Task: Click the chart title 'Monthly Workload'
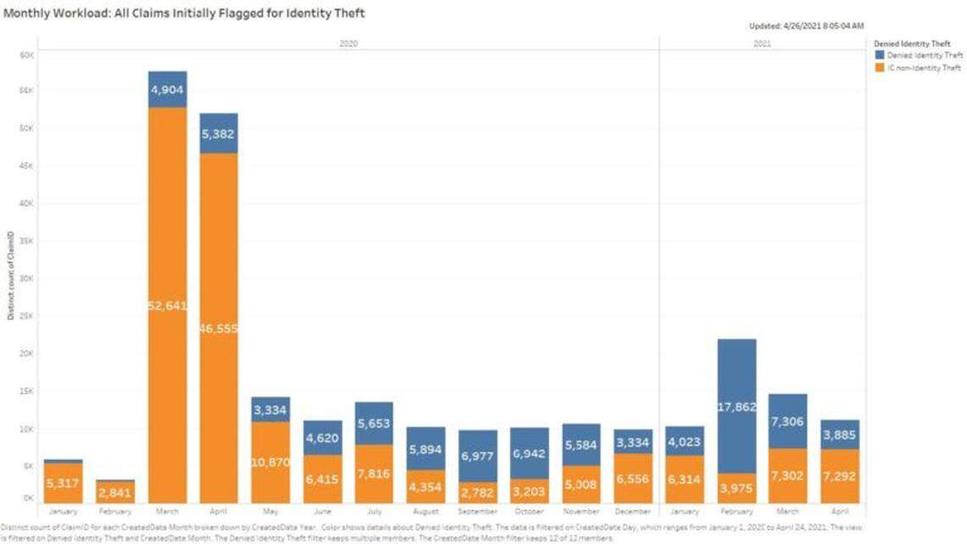pyautogui.click(x=185, y=14)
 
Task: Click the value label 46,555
pyautogui.click(x=218, y=328)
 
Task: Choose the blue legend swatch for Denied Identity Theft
pyautogui.click(x=879, y=55)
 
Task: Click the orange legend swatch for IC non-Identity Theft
pyautogui.click(x=879, y=68)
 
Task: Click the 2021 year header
pyautogui.click(x=762, y=42)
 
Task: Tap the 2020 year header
pyautogui.click(x=348, y=42)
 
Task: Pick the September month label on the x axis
pyautogui.click(x=478, y=512)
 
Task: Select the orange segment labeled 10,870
pyautogui.click(x=271, y=463)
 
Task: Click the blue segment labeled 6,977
pyautogui.click(x=478, y=456)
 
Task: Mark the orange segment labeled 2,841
pyautogui.click(x=115, y=493)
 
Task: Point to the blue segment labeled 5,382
pyautogui.click(x=218, y=133)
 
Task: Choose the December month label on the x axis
pyautogui.click(x=633, y=512)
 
